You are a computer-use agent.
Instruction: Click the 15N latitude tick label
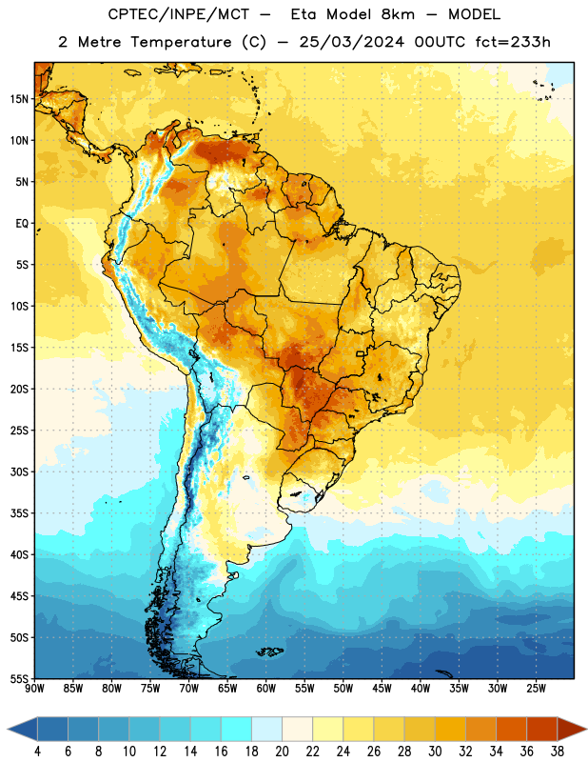coord(19,99)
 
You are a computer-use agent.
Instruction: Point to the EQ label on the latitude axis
coord(22,224)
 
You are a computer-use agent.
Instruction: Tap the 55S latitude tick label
coord(19,678)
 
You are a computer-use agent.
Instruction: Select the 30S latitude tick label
coord(19,471)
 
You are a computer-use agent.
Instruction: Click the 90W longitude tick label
coord(34,688)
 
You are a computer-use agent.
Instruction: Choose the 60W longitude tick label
coord(266,688)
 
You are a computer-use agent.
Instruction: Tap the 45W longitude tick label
coord(382,688)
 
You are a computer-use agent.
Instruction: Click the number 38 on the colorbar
coord(558,752)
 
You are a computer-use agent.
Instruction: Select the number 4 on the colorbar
coord(37,752)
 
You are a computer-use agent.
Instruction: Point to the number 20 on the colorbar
coord(282,752)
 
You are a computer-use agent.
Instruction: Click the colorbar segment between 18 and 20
coord(267,729)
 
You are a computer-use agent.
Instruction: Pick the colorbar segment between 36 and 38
coord(542,729)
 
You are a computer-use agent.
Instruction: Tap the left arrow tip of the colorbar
coord(8,729)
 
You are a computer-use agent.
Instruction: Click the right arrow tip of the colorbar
coord(586,729)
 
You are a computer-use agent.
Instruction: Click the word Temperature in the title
coord(181,42)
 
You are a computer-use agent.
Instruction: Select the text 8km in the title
coord(398,14)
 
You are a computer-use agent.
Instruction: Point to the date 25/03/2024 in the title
coord(351,42)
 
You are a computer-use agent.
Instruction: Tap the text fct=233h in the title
coord(513,42)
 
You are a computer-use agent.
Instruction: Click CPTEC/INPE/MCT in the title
coord(179,14)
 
